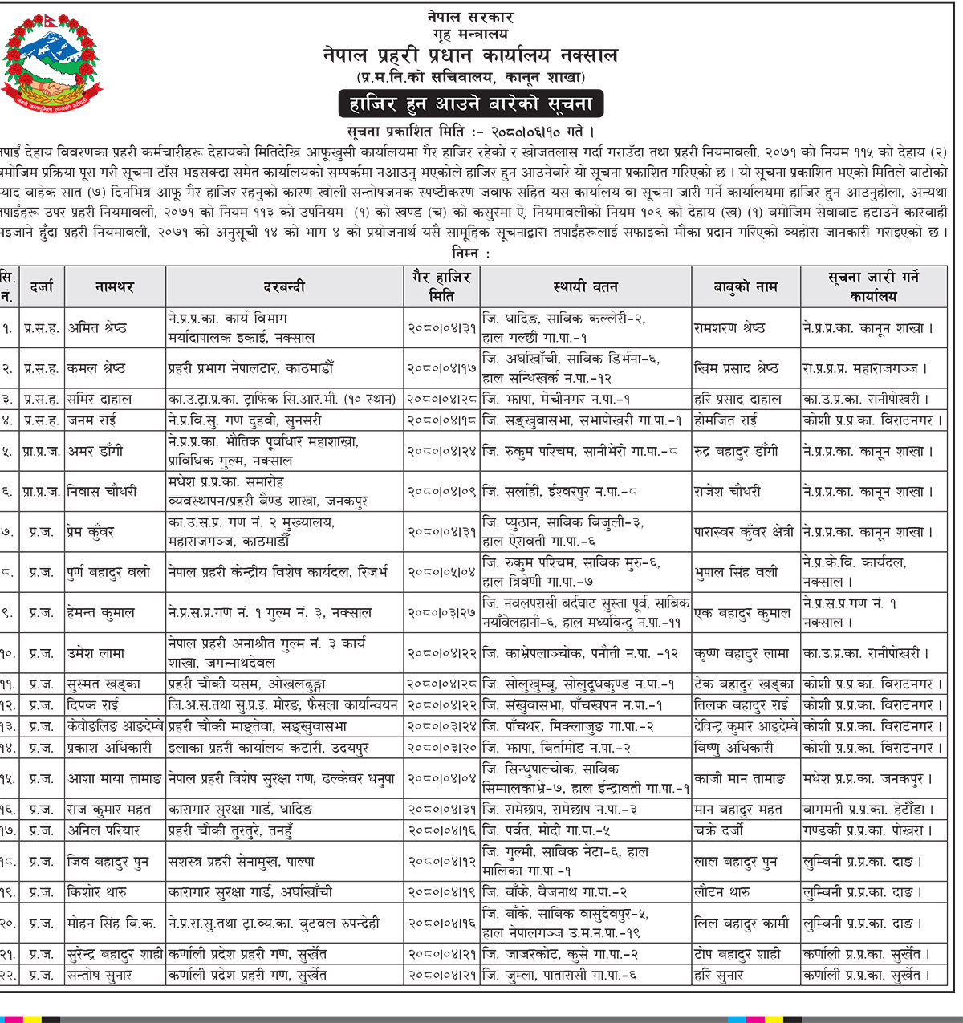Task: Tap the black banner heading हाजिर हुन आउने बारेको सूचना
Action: tap(470, 104)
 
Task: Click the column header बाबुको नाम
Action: tap(746, 286)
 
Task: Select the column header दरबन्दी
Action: tap(285, 286)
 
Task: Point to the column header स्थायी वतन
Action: tap(586, 286)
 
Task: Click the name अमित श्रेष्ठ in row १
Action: tap(97, 328)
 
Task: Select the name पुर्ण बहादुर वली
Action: tap(108, 572)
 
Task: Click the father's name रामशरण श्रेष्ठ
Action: tap(729, 328)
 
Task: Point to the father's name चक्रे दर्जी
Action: tap(718, 830)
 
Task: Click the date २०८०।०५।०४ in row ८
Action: tap(441, 572)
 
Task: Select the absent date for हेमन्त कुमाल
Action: tap(441, 612)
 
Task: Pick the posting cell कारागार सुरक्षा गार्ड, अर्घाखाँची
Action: tap(250, 892)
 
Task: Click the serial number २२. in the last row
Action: tap(7, 976)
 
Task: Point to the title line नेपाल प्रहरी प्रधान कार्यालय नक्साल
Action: tap(470, 55)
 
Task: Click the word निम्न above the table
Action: tap(468, 253)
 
